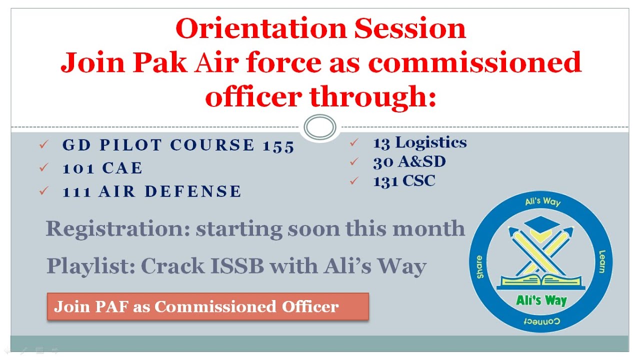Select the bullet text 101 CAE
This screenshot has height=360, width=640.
click(102, 168)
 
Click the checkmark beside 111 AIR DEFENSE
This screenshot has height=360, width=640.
click(44, 191)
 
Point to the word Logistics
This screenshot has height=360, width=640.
click(431, 142)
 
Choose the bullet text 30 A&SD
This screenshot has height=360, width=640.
click(409, 162)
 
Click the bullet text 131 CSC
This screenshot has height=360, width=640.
click(404, 181)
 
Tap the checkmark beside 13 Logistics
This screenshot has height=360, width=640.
click(354, 143)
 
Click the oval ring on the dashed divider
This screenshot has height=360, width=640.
click(320, 127)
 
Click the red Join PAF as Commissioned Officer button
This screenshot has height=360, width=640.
click(207, 306)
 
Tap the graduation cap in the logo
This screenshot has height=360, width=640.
click(541, 223)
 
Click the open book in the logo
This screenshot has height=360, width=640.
click(541, 280)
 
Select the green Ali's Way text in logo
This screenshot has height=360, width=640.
click(541, 300)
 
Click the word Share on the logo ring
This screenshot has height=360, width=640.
click(479, 266)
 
